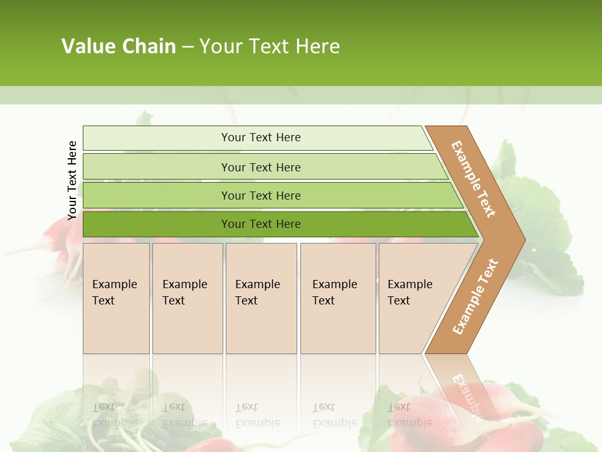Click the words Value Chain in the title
[x=119, y=46]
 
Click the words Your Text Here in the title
[x=270, y=46]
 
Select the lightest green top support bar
[x=157, y=138]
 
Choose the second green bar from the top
[x=157, y=167]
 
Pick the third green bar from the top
[x=157, y=195]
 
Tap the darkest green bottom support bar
[x=157, y=224]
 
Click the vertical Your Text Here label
[x=72, y=180]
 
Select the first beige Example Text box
[x=116, y=326]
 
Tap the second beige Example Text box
[x=187, y=326]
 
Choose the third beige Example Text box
[x=261, y=326]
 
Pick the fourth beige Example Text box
[x=338, y=326]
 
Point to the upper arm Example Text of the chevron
[x=473, y=179]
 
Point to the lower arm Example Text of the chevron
[x=475, y=297]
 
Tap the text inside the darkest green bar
[x=261, y=224]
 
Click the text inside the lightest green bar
[x=261, y=137]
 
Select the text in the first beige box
[x=114, y=293]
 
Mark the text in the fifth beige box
[x=409, y=293]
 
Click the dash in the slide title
[x=187, y=47]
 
